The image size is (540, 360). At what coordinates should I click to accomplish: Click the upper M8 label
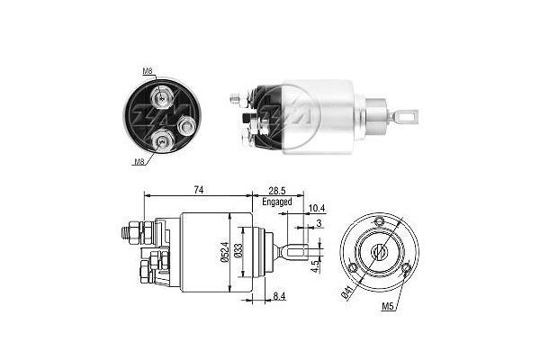click(147, 71)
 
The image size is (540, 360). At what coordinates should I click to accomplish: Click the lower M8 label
click(140, 163)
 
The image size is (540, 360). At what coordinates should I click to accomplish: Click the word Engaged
click(277, 202)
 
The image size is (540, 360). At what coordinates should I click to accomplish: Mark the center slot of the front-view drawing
click(377, 251)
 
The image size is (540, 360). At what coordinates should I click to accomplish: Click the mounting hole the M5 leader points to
click(407, 268)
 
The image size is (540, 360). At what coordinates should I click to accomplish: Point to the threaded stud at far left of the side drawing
click(125, 232)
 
